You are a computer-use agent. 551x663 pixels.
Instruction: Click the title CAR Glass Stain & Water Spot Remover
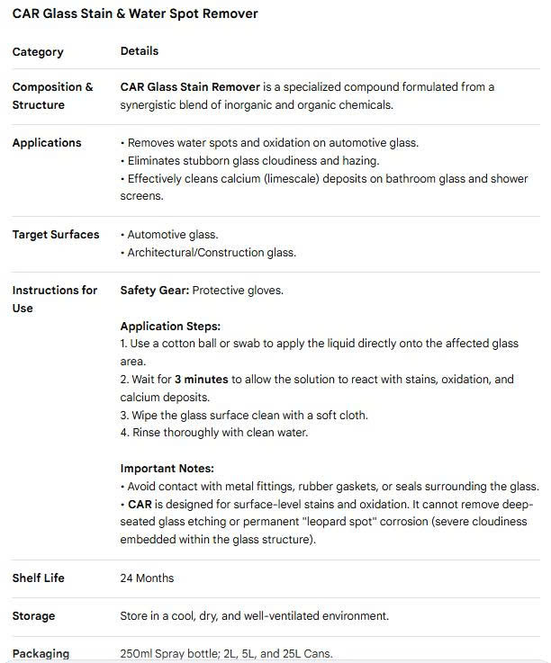[135, 13]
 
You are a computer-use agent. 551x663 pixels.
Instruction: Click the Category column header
[38, 52]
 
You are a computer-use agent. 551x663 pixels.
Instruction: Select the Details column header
[140, 51]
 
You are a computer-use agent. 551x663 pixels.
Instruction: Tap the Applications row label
[47, 143]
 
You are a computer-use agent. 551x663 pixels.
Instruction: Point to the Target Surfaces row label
[56, 235]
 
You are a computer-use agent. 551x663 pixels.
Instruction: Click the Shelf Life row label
[39, 578]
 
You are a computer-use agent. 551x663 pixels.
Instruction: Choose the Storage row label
[33, 616]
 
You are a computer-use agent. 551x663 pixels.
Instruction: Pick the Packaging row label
[41, 654]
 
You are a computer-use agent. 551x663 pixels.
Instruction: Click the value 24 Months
[147, 578]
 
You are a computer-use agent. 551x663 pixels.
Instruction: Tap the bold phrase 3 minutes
[202, 380]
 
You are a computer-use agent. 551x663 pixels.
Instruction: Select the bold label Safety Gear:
[155, 291]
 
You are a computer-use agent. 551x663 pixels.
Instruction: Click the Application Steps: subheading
[170, 327]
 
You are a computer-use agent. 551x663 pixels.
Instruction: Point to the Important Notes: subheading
[167, 469]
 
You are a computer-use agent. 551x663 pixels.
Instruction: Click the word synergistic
[153, 105]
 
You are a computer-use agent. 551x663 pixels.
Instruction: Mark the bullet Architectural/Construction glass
[211, 253]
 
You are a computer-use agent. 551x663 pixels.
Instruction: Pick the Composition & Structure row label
[52, 96]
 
